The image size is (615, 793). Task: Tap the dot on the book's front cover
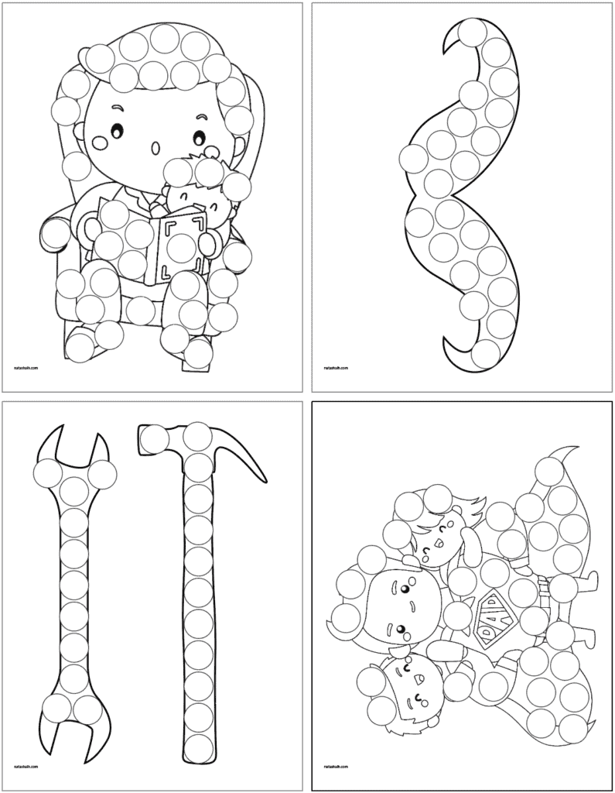coord(183,247)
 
